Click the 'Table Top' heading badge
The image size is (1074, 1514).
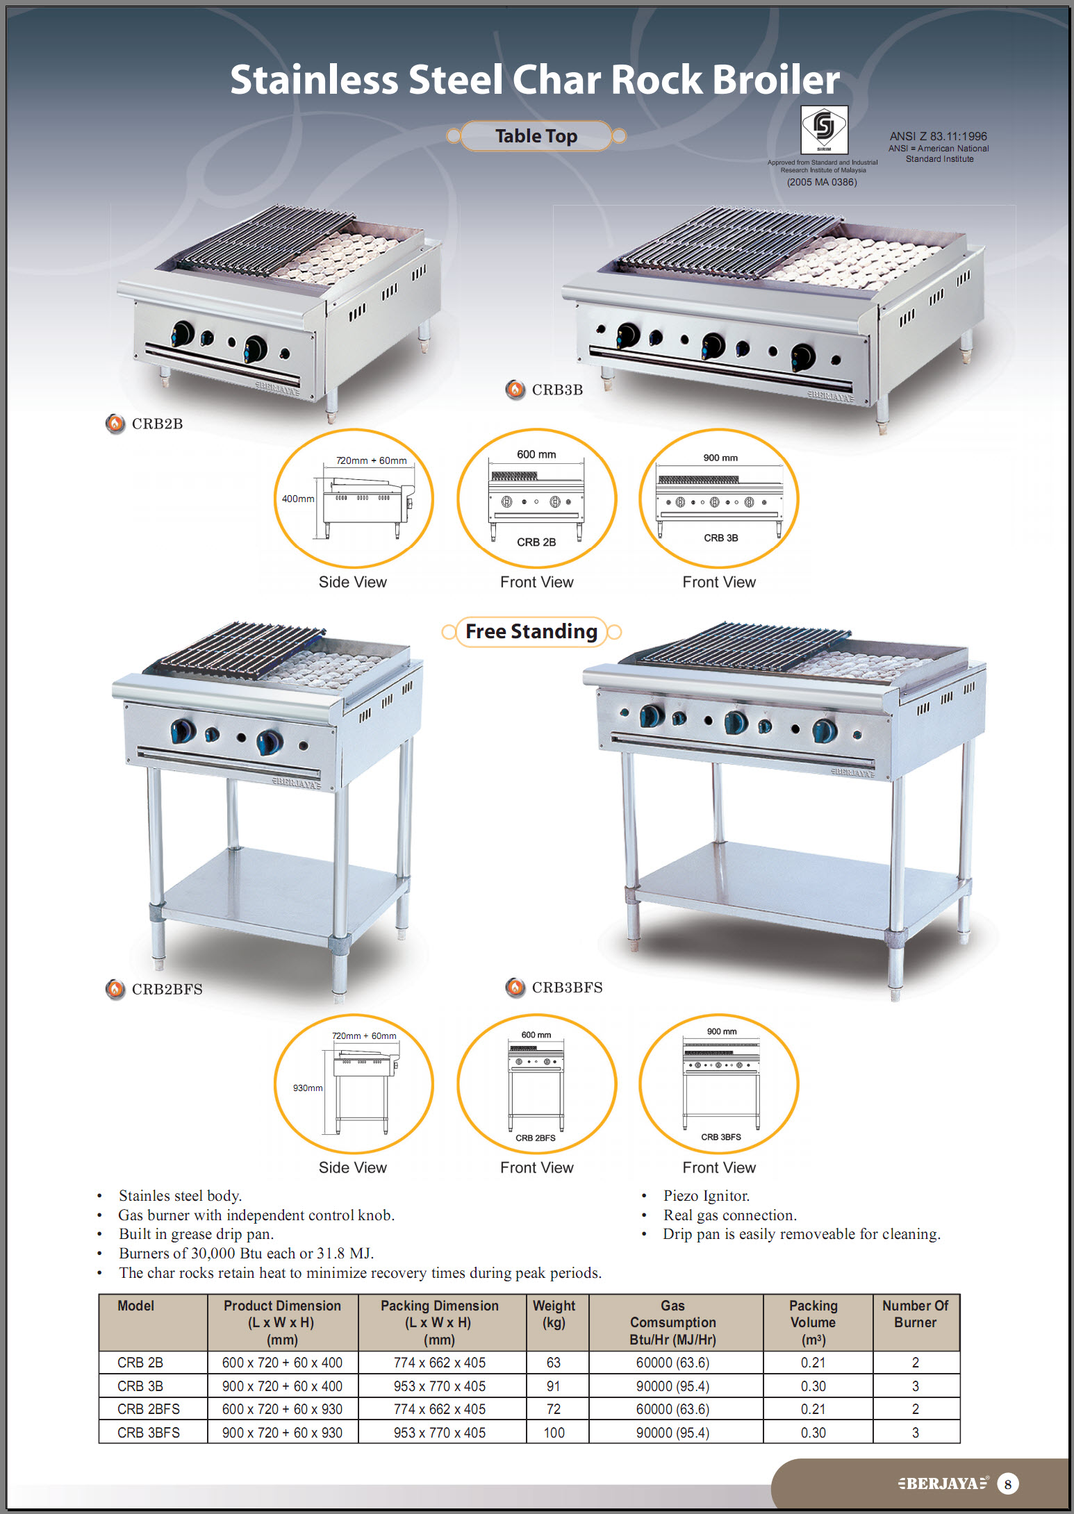[536, 136]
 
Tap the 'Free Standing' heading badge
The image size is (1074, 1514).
[531, 632]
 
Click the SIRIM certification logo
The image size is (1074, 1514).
[824, 129]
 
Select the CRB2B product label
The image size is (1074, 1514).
[157, 424]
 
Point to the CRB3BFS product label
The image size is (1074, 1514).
[567, 988]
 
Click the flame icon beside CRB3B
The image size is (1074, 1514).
[515, 390]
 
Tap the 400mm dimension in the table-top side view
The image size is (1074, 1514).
[297, 499]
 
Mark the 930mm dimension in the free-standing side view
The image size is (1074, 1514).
[308, 1088]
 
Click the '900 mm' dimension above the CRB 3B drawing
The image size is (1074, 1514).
[720, 458]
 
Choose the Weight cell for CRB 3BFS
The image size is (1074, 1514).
[554, 1432]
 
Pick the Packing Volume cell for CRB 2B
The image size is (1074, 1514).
[813, 1363]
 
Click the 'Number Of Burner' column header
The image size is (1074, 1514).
[915, 1314]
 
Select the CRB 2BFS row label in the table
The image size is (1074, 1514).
[148, 1409]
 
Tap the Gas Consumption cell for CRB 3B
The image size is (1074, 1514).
[672, 1386]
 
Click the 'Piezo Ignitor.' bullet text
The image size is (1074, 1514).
[707, 1196]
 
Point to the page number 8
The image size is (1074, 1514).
[1007, 1484]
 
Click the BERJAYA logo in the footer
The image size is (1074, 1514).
[942, 1483]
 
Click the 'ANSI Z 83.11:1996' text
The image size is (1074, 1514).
[938, 136]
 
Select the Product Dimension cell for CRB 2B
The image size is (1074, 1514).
[282, 1363]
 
